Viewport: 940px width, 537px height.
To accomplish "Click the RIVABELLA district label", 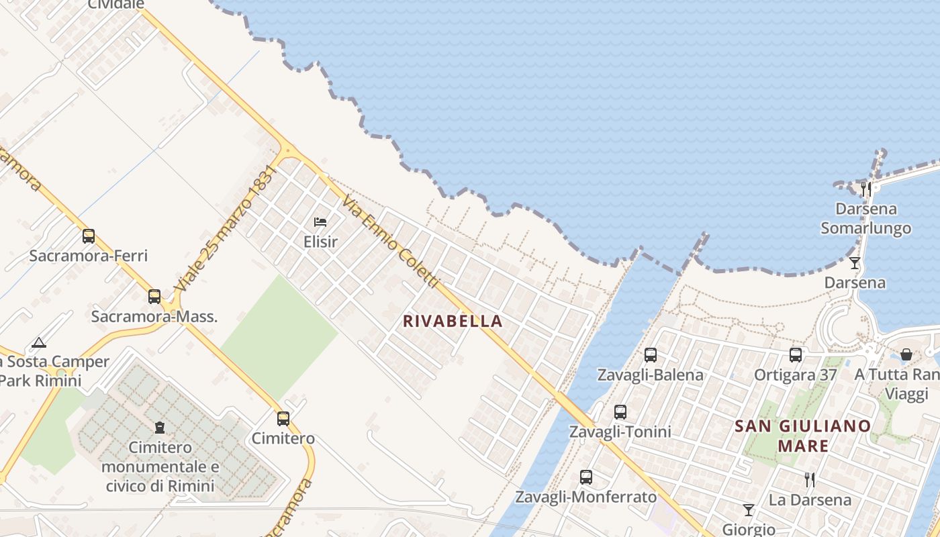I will pyautogui.click(x=453, y=321).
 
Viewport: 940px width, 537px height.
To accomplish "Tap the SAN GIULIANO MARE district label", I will pyautogui.click(x=803, y=435).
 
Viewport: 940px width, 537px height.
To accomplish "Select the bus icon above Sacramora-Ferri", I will pyautogui.click(x=89, y=236).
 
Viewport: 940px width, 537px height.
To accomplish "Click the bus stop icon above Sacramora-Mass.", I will pyautogui.click(x=154, y=296).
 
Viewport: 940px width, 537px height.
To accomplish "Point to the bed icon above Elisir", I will pyautogui.click(x=320, y=222).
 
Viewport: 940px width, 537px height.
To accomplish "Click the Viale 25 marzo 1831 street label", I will pyautogui.click(x=225, y=229).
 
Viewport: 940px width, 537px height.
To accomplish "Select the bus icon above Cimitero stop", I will pyautogui.click(x=283, y=419).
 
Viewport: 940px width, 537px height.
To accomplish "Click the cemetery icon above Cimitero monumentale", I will pyautogui.click(x=160, y=428).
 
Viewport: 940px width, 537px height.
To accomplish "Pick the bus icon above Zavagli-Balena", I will pyautogui.click(x=650, y=355).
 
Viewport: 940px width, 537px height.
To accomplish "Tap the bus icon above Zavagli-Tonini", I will pyautogui.click(x=620, y=412).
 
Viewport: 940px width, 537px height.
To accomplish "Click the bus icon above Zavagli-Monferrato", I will pyautogui.click(x=586, y=477).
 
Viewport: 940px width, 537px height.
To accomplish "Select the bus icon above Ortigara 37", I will pyautogui.click(x=796, y=355).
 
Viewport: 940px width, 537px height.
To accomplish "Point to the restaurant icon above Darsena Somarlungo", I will pyautogui.click(x=866, y=189).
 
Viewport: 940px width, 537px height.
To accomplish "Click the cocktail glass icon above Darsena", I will pyautogui.click(x=855, y=263).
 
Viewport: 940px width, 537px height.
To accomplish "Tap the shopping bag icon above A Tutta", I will pyautogui.click(x=906, y=354).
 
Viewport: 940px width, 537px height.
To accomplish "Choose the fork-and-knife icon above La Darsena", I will pyautogui.click(x=810, y=480).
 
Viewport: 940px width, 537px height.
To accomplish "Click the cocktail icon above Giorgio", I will pyautogui.click(x=749, y=510).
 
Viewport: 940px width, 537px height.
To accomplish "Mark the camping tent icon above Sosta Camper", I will pyautogui.click(x=39, y=343).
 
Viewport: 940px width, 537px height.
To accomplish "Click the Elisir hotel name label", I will pyautogui.click(x=320, y=242).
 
